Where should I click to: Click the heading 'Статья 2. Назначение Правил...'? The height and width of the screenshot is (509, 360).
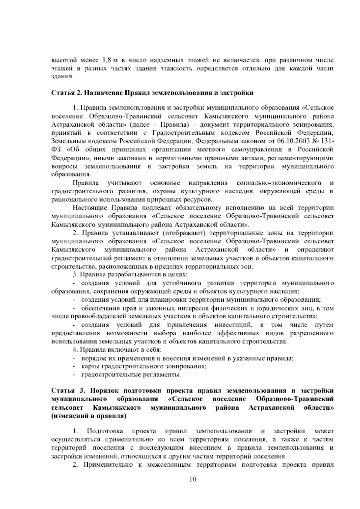coord(153,93)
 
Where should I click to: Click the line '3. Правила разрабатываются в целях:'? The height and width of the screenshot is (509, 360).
coord(130,275)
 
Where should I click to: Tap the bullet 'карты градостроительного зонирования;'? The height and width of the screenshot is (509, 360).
coord(143,366)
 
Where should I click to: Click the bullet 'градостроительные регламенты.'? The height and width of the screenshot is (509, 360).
coord(131,375)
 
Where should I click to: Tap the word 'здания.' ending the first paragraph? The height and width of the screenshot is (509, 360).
coord(62,77)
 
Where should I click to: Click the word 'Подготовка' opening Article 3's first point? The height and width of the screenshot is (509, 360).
coord(105,432)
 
